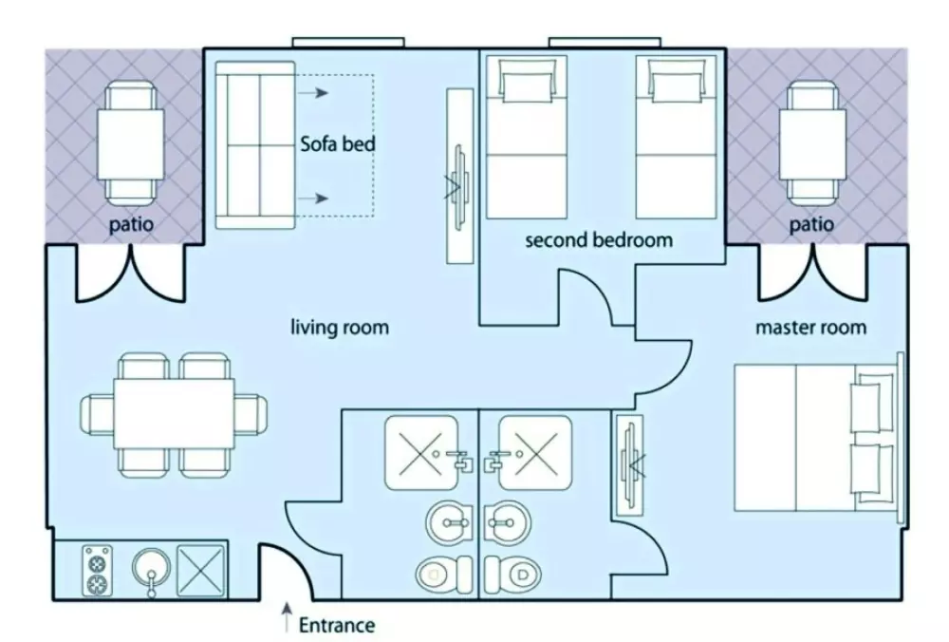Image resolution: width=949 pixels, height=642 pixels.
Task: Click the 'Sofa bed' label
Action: [x=338, y=144]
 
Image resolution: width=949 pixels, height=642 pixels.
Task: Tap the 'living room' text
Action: [x=339, y=328]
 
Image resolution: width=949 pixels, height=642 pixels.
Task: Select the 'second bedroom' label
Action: [x=599, y=239]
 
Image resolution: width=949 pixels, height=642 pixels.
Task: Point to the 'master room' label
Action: [x=810, y=328]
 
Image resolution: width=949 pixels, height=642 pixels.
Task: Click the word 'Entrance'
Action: [x=337, y=625]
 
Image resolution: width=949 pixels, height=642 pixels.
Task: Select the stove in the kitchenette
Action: [x=97, y=570]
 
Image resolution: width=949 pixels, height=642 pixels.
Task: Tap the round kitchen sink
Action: [x=150, y=570]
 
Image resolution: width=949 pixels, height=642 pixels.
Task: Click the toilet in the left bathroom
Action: [x=444, y=573]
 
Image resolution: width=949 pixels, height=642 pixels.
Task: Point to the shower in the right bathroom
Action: [x=536, y=452]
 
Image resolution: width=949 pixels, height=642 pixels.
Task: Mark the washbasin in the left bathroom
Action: [x=448, y=521]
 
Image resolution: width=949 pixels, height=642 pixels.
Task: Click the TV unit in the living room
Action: [x=460, y=177]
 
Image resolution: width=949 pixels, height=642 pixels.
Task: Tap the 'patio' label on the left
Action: [x=131, y=226]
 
